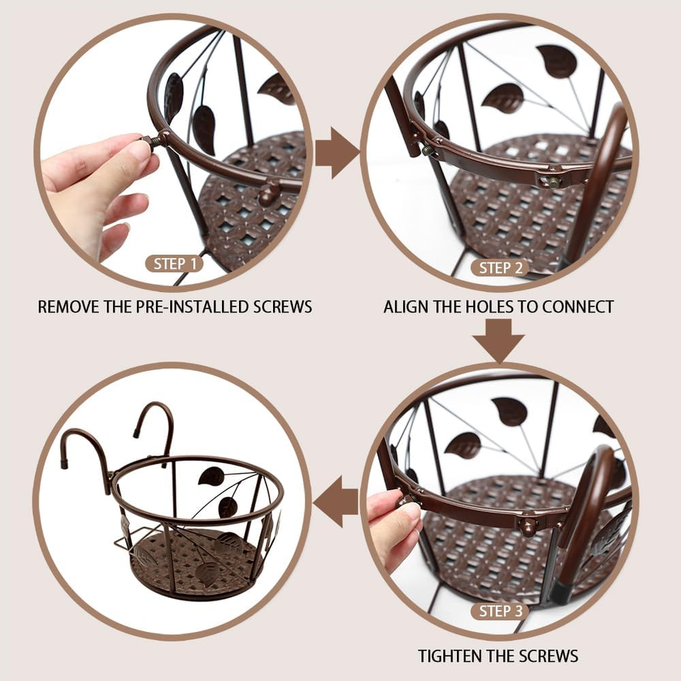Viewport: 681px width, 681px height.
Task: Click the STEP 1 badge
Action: (175, 264)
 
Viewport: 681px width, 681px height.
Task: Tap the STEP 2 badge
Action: (500, 268)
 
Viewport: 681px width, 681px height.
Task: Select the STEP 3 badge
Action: (500, 611)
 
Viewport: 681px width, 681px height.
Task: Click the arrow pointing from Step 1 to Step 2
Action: (336, 153)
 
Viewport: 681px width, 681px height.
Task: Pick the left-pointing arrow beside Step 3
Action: (336, 502)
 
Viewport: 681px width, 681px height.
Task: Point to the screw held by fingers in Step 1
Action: (150, 140)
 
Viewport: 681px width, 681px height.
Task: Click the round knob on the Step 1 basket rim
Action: (268, 194)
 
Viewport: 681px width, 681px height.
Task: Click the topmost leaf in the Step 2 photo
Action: (557, 61)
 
